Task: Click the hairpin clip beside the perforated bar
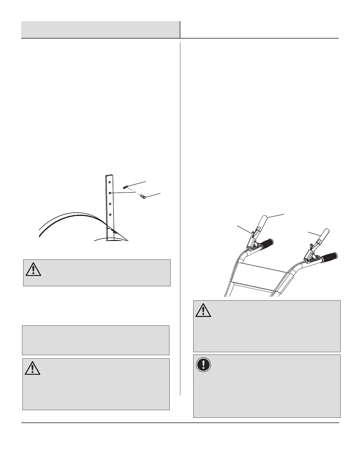(x=126, y=187)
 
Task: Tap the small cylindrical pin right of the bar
(x=143, y=197)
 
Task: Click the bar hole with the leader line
(x=109, y=193)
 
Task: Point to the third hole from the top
(x=110, y=204)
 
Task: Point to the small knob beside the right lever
(x=311, y=246)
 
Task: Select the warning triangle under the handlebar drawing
(x=203, y=310)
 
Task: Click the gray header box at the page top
(x=100, y=29)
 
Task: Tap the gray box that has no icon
(x=96, y=340)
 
